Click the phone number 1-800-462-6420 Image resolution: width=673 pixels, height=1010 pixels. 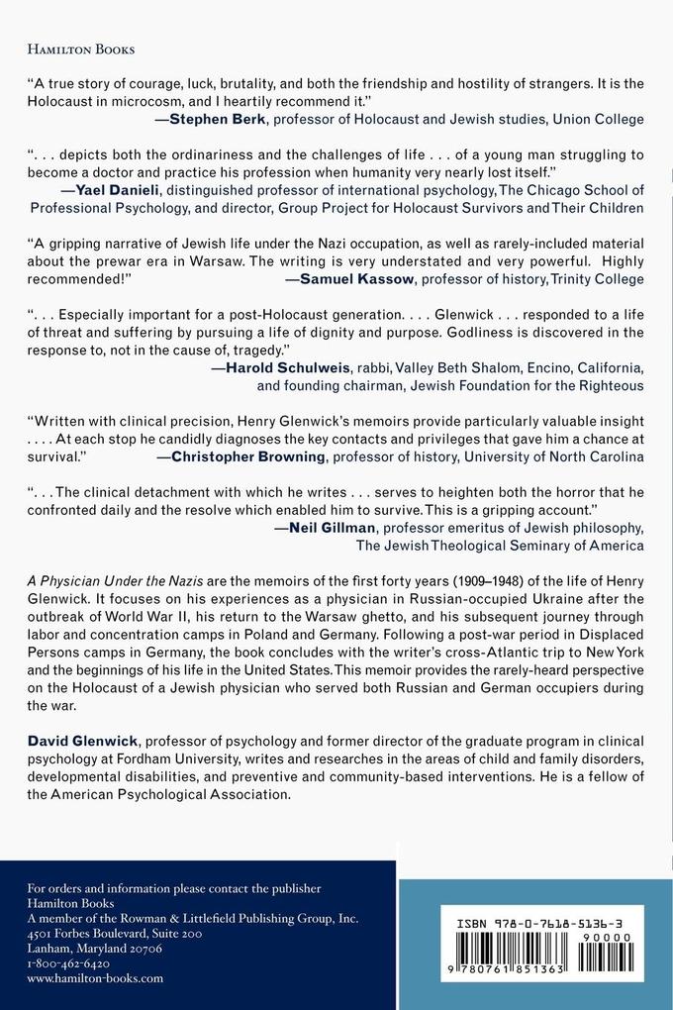[x=68, y=961]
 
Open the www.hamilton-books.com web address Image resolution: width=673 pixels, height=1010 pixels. [x=95, y=977]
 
